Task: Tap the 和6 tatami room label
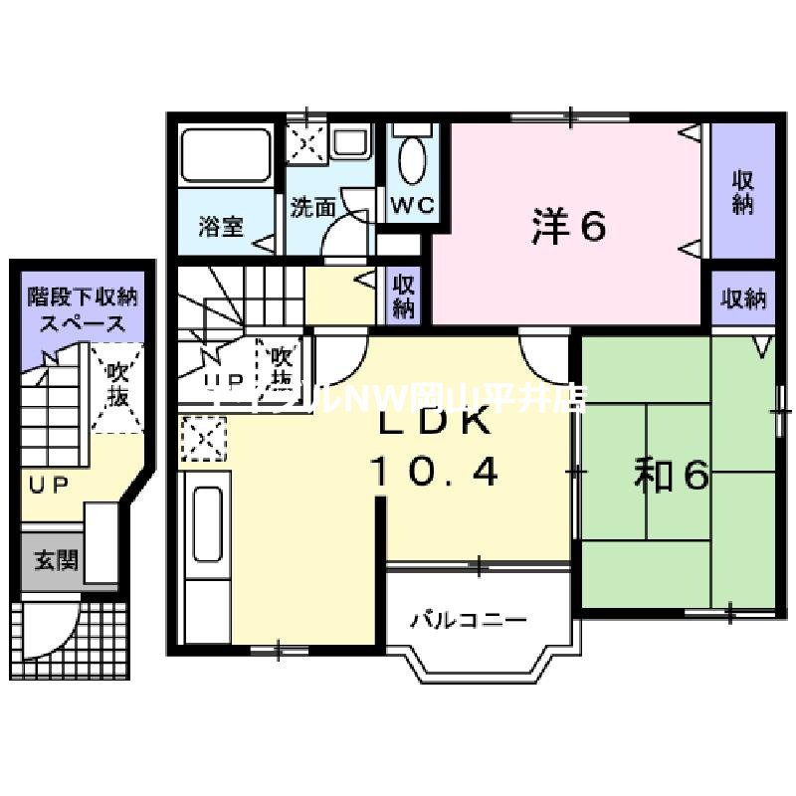pyautogui.click(x=672, y=478)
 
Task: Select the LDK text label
pyautogui.click(x=433, y=423)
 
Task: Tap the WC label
pyautogui.click(x=413, y=206)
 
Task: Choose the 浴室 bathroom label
pyautogui.click(x=221, y=227)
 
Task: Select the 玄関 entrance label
pyautogui.click(x=55, y=559)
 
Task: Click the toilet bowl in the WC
pyautogui.click(x=412, y=158)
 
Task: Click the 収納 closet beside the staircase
pyautogui.click(x=403, y=296)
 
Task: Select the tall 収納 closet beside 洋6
pyautogui.click(x=742, y=192)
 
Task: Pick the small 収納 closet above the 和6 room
pyautogui.click(x=743, y=298)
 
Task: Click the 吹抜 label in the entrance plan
pyautogui.click(x=117, y=386)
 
